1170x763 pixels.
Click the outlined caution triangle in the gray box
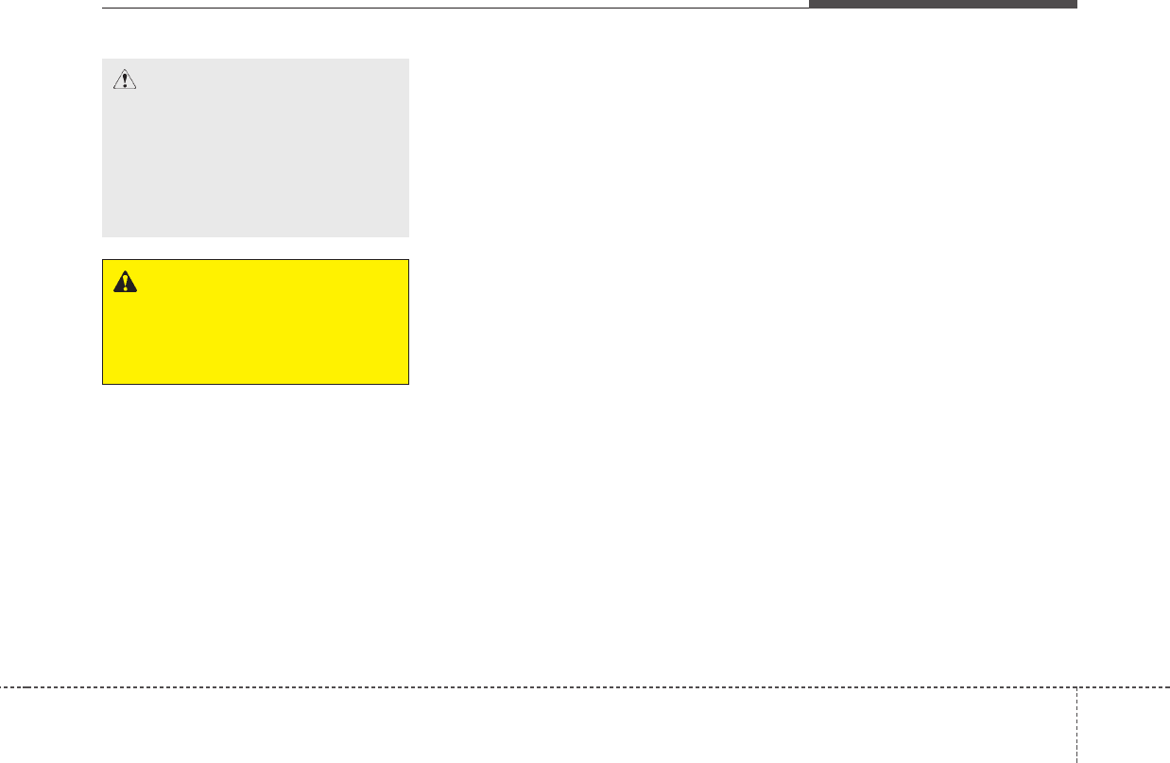pos(124,80)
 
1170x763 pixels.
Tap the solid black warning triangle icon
pos(124,281)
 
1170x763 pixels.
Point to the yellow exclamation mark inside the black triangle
pos(124,283)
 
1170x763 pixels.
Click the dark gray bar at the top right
pos(942,4)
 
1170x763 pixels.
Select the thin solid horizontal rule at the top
pos(454,9)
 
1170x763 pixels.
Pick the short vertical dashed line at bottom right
pos(1075,724)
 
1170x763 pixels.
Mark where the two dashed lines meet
pos(1075,686)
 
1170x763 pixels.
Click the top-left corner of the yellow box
pos(103,260)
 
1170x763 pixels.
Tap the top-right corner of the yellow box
pos(408,260)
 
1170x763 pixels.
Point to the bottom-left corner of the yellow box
pos(103,384)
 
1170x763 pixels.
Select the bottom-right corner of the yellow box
pos(408,384)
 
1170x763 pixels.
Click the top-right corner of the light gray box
pos(408,60)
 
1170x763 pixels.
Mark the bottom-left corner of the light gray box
pos(103,236)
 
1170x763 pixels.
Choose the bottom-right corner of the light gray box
pos(408,236)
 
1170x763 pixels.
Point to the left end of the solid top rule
pos(103,9)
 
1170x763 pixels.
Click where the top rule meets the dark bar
pos(809,9)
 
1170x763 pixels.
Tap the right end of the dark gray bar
pos(1076,4)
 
